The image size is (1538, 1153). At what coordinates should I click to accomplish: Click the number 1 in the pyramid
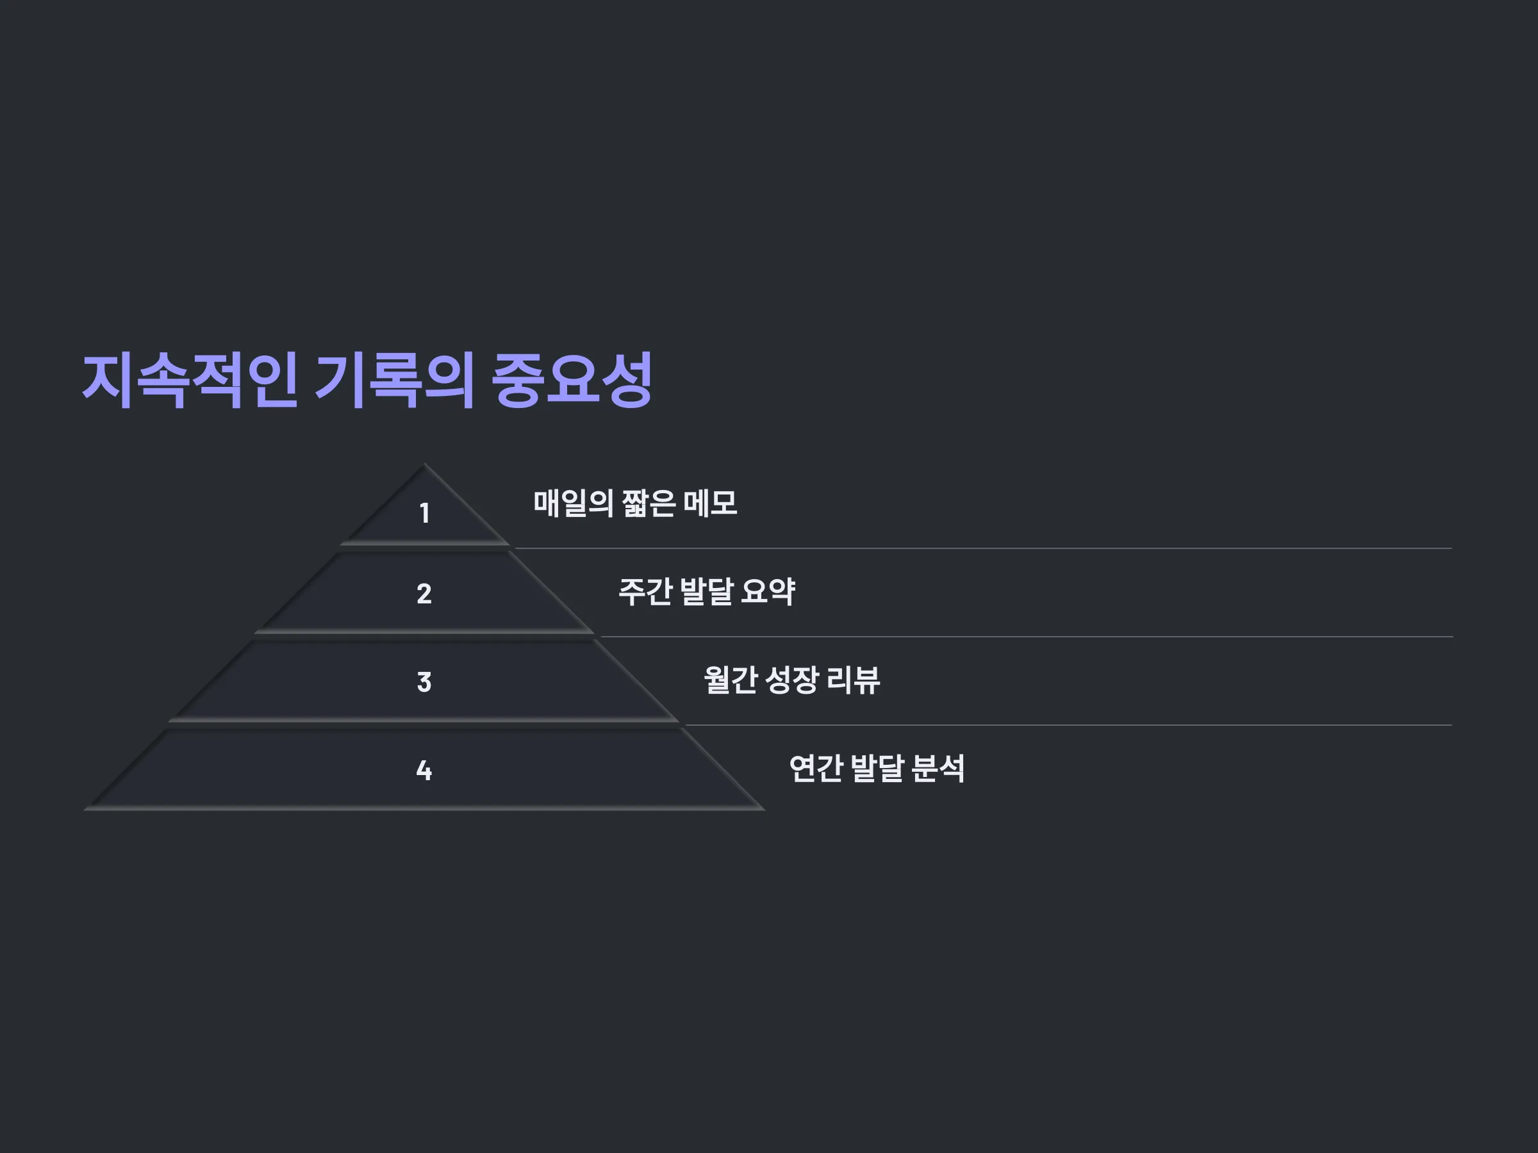pyautogui.click(x=424, y=513)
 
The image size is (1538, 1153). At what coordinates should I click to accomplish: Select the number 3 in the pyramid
pyautogui.click(x=424, y=682)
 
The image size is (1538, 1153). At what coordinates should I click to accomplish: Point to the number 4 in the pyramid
pyautogui.click(x=424, y=770)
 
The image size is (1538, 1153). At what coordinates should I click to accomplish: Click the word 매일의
pyautogui.click(x=573, y=503)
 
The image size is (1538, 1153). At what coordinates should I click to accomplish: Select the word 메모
pyautogui.click(x=710, y=503)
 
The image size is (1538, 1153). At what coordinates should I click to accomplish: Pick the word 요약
pyautogui.click(x=768, y=591)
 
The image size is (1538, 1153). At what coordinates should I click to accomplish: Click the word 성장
pyautogui.click(x=791, y=680)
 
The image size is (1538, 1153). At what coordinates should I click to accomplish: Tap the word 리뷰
pyautogui.click(x=853, y=680)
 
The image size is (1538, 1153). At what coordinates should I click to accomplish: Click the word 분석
pyautogui.click(x=938, y=768)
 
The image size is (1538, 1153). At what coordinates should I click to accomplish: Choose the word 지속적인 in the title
pyautogui.click(x=190, y=380)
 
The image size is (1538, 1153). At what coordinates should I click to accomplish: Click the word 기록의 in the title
pyautogui.click(x=395, y=380)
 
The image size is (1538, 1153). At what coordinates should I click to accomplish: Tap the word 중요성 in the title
pyautogui.click(x=572, y=380)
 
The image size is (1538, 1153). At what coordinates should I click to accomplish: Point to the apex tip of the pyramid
pyautogui.click(x=424, y=464)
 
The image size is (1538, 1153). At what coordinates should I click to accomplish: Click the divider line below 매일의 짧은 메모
pyautogui.click(x=983, y=548)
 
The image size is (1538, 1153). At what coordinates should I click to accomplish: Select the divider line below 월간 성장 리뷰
pyautogui.click(x=1069, y=725)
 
